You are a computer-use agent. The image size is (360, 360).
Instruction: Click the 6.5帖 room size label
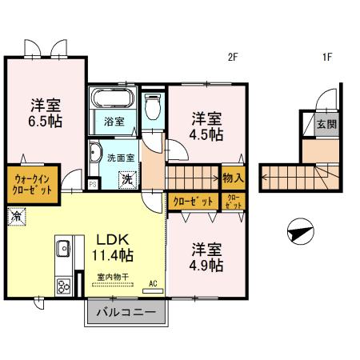click(x=46, y=122)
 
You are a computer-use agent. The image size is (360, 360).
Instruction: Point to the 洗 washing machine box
click(x=127, y=179)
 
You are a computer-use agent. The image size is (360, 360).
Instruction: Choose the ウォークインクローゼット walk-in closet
click(x=32, y=185)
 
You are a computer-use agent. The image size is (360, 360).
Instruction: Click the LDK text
click(x=114, y=239)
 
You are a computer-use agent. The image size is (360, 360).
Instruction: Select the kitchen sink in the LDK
click(x=63, y=250)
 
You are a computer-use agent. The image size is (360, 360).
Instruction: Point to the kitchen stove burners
click(x=62, y=286)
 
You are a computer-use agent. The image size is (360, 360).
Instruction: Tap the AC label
click(x=153, y=283)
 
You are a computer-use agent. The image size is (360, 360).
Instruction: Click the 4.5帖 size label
click(x=206, y=135)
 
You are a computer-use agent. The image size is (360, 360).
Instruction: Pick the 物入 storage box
click(x=234, y=178)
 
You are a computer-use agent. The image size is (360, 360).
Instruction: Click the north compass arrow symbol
click(x=298, y=234)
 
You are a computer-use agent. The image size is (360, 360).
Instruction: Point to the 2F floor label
click(x=233, y=56)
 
